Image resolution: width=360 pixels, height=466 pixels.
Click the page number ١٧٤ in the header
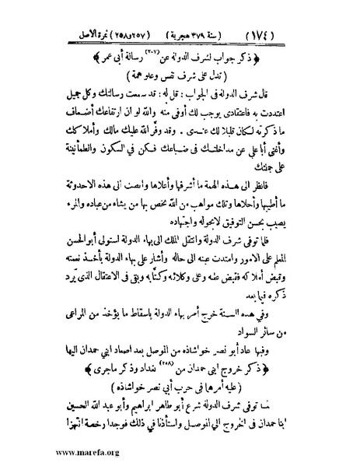pos(320,15)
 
